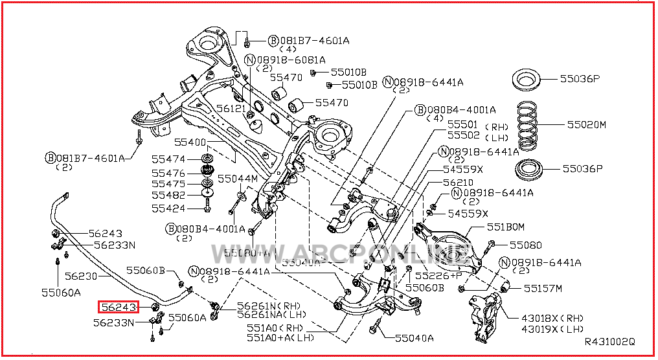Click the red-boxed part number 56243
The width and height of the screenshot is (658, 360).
(x=117, y=307)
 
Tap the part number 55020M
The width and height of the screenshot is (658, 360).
(x=586, y=124)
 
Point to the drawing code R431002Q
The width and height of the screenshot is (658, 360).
(x=609, y=341)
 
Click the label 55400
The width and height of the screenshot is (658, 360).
(x=189, y=142)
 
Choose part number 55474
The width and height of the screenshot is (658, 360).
(x=168, y=159)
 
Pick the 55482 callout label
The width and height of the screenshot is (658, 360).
(x=168, y=195)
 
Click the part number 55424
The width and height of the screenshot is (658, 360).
(x=168, y=208)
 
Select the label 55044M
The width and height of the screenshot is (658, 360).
(x=237, y=178)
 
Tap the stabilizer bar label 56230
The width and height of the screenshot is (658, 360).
(x=81, y=276)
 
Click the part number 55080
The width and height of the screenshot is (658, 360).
(x=525, y=245)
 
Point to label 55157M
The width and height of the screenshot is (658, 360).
(x=543, y=288)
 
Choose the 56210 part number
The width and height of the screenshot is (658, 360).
(x=459, y=183)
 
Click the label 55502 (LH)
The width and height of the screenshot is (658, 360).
(x=472, y=135)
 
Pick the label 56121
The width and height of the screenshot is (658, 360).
(x=232, y=109)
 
